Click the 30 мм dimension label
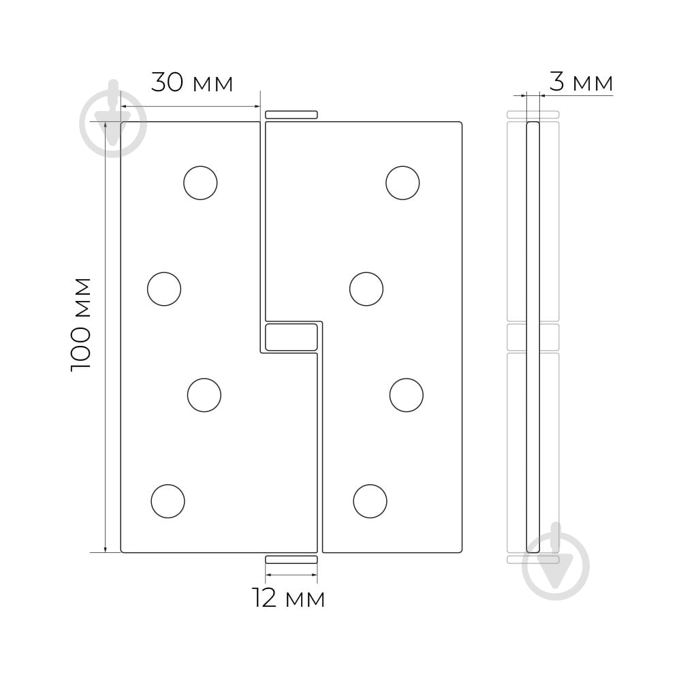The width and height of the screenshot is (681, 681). tap(192, 82)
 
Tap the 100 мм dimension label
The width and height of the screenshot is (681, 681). tap(81, 324)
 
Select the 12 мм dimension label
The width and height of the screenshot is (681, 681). tap(288, 599)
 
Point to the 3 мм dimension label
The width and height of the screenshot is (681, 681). tap(581, 82)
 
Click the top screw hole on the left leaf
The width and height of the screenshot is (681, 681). tap(200, 183)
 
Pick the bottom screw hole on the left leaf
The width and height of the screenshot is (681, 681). tap(168, 501)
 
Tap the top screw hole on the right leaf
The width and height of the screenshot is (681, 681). tap(402, 183)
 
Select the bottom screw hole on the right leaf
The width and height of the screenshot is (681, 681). tap(370, 501)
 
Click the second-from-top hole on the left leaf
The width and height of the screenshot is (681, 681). tap(164, 289)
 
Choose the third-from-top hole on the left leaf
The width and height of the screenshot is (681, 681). tap(204, 395)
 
